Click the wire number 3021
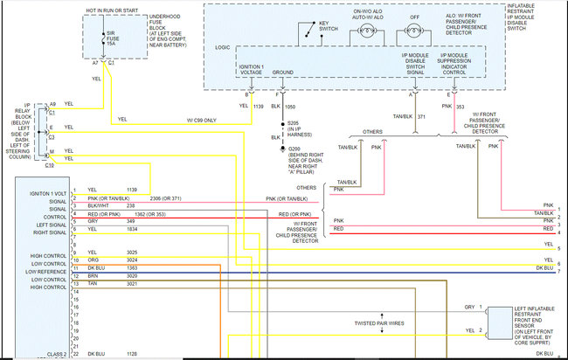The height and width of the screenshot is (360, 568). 130,283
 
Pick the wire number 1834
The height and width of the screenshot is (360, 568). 130,229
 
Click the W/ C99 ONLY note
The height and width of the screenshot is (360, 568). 200,120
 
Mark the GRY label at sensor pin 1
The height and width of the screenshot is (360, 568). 469,308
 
